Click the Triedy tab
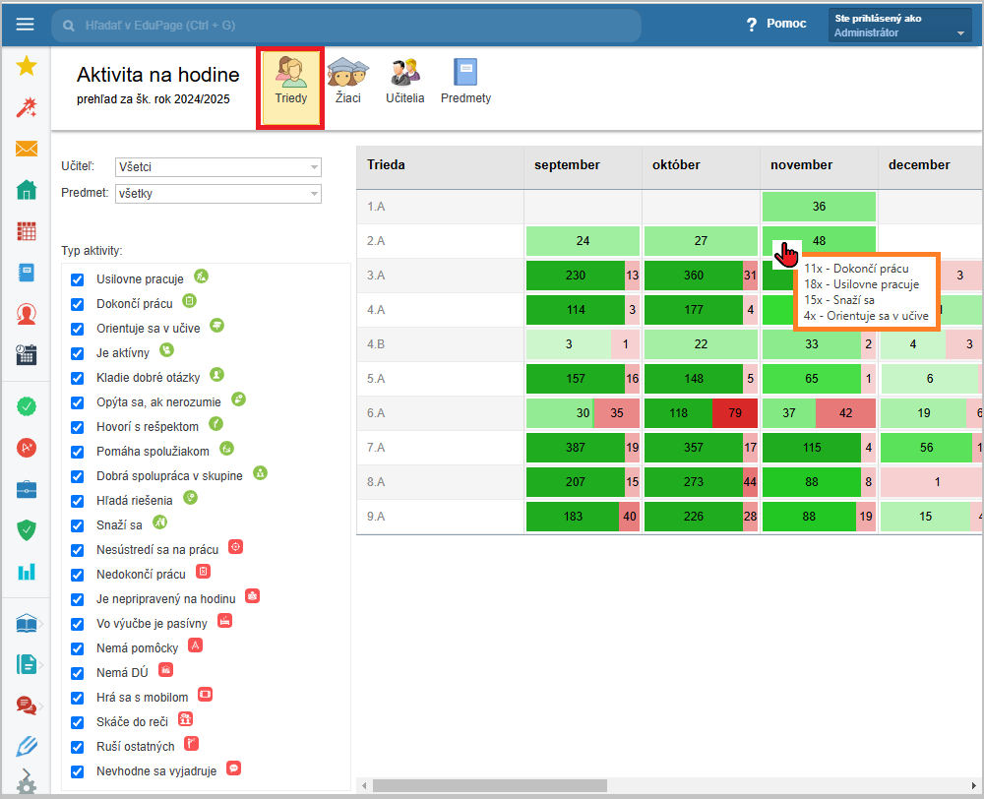[290, 88]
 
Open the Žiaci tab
[347, 81]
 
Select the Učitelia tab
[404, 81]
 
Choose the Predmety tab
[465, 81]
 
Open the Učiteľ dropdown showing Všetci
[218, 167]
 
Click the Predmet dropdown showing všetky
[218, 193]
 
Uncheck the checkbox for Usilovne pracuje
[77, 279]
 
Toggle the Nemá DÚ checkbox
[77, 673]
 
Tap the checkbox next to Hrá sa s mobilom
[77, 698]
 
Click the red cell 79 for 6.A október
[735, 413]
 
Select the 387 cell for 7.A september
[576, 448]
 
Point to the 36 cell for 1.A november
[819, 207]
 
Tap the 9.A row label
[376, 517]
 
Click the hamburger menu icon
[26, 25]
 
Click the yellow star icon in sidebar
[27, 65]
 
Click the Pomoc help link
[776, 24]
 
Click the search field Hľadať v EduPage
[346, 26]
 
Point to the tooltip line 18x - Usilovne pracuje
[862, 284]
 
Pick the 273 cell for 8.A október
[694, 482]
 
